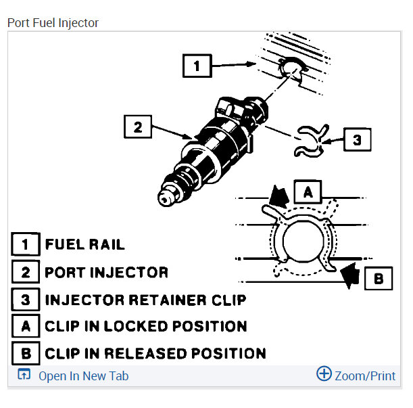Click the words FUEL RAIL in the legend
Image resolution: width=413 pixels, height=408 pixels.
click(x=84, y=244)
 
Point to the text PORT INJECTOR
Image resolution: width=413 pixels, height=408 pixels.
click(x=106, y=272)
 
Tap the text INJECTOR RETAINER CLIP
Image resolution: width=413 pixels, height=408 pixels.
click(x=145, y=300)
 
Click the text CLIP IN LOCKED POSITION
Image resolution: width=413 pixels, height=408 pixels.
click(x=146, y=326)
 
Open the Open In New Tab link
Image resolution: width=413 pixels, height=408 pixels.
click(x=84, y=376)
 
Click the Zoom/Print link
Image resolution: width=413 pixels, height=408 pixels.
click(x=365, y=376)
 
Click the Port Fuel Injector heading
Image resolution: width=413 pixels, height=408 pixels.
click(x=53, y=23)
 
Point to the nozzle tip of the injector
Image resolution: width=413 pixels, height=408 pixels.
click(x=164, y=199)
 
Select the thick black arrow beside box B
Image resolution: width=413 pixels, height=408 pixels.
click(x=351, y=275)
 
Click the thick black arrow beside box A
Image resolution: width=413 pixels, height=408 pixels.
click(x=278, y=196)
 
